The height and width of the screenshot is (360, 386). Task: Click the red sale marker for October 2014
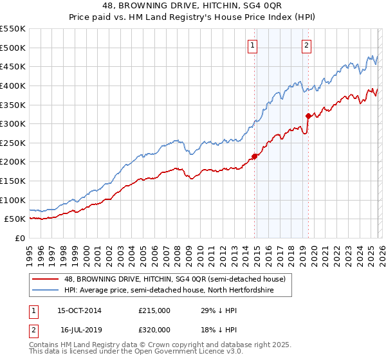click(255, 156)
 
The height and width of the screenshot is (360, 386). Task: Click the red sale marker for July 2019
click(308, 116)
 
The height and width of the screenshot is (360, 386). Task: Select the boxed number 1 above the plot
click(252, 45)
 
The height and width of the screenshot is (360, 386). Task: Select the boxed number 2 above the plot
click(306, 45)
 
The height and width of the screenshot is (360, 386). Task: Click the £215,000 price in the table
click(154, 310)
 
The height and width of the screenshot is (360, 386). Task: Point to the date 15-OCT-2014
click(79, 310)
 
